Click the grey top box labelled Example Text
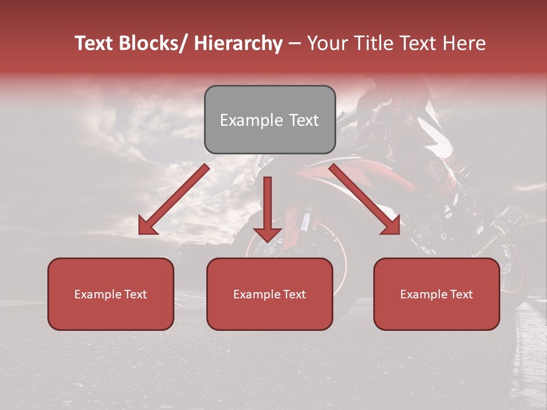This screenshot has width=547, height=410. point(270,120)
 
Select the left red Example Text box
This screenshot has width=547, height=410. point(111,294)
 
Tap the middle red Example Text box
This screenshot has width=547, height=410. point(270,294)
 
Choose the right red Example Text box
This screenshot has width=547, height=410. point(436,294)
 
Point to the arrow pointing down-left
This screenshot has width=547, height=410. point(174,200)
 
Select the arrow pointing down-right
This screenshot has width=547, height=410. point(365,199)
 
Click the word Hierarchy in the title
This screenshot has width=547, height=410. point(238,43)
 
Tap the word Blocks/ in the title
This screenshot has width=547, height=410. point(153,43)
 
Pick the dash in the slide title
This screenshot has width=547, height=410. point(294,44)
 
